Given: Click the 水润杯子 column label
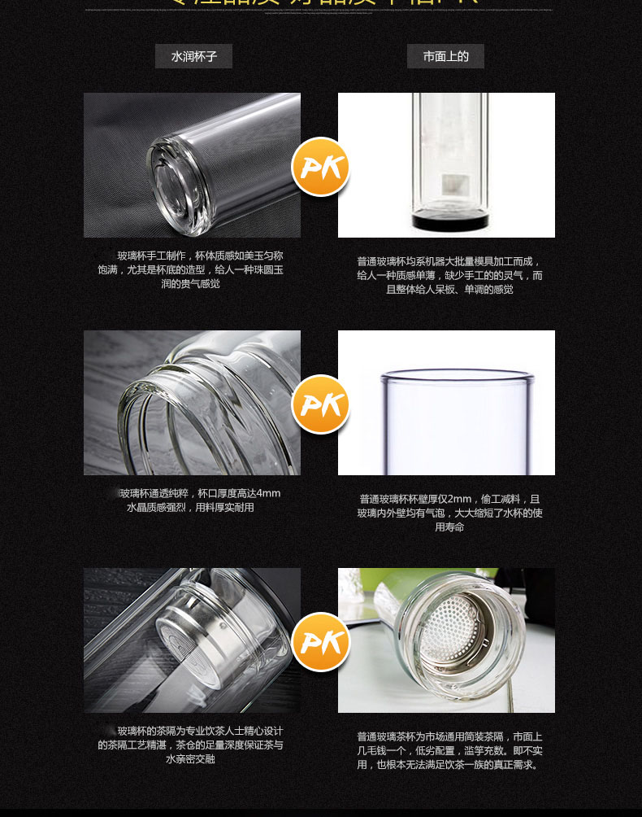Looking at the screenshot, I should tap(193, 56).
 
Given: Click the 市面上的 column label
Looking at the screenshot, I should tap(445, 56).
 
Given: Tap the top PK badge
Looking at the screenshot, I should tap(320, 167).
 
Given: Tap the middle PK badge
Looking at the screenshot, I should tap(320, 404).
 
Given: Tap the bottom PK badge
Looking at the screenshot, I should tap(320, 642).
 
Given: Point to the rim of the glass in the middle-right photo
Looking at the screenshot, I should tap(458, 376).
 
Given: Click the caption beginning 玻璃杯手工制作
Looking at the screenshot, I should tap(191, 269).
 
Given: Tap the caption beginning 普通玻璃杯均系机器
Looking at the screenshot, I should tap(449, 275).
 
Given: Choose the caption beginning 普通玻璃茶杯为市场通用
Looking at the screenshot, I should tap(449, 750).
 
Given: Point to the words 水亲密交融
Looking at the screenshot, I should tap(190, 759).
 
